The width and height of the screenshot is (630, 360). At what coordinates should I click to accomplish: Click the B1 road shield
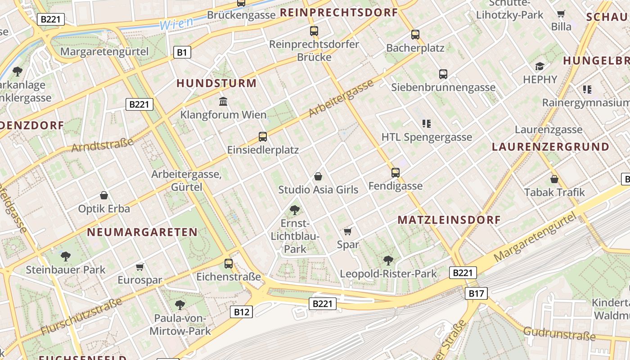[182, 53]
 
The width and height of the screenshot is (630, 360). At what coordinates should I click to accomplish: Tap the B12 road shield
[242, 311]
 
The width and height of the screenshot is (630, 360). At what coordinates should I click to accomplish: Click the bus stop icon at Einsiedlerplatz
[263, 136]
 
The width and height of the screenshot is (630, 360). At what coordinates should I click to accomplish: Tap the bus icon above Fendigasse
[395, 172]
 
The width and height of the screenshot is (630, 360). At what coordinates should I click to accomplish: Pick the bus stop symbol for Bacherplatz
[415, 34]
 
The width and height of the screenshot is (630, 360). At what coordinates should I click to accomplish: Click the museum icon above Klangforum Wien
[223, 101]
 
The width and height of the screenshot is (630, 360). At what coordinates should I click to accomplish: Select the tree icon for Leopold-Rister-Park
[388, 260]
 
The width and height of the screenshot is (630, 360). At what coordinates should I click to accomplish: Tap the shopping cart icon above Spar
[347, 231]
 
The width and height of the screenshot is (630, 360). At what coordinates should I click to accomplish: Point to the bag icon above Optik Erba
[104, 195]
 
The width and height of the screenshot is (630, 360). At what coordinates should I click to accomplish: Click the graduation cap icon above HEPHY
[540, 67]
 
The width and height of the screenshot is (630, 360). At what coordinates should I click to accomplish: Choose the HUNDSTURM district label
[216, 83]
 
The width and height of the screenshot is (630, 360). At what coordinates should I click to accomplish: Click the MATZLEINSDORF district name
[449, 220]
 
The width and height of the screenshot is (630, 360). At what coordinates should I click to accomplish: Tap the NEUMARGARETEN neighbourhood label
[142, 232]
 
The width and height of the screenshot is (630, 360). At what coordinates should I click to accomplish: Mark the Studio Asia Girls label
[318, 189]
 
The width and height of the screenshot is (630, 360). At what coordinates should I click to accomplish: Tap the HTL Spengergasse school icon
[427, 123]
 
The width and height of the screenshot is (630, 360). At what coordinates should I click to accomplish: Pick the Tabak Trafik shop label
[554, 192]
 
